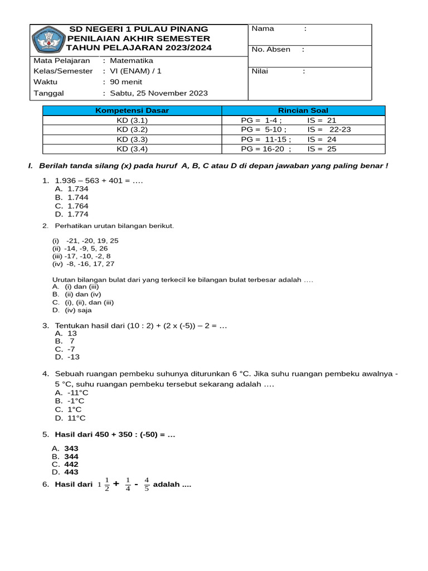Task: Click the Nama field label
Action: coord(263,29)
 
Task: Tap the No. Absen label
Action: coord(271,50)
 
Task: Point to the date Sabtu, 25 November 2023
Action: coord(159,93)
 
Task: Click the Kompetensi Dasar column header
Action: coord(132,110)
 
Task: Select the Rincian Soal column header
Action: coord(303,110)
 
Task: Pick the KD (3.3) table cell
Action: coord(132,139)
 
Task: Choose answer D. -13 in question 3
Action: coord(67,357)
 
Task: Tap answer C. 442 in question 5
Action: coord(65,464)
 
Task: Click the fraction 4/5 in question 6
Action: coord(147,484)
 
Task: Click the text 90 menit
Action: coord(126,82)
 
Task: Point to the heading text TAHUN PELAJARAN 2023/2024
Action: coord(139,48)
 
